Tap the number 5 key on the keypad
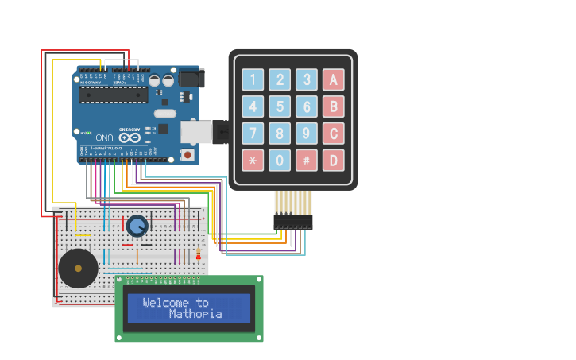click(x=280, y=106)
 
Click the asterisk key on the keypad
click(x=253, y=160)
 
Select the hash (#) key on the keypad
click(x=307, y=160)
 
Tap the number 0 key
click(x=280, y=160)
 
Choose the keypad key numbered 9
click(x=307, y=133)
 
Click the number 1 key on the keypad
click(x=253, y=79)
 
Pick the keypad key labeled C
click(x=333, y=133)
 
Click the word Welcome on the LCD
click(x=165, y=303)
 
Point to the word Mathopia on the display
click(x=195, y=314)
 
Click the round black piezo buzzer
click(x=78, y=269)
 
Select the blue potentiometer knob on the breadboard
click(x=137, y=226)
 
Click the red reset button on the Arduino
click(x=187, y=154)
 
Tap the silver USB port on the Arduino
click(x=195, y=132)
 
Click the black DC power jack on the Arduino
click(x=191, y=78)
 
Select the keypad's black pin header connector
click(x=293, y=222)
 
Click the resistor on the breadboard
click(x=198, y=254)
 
